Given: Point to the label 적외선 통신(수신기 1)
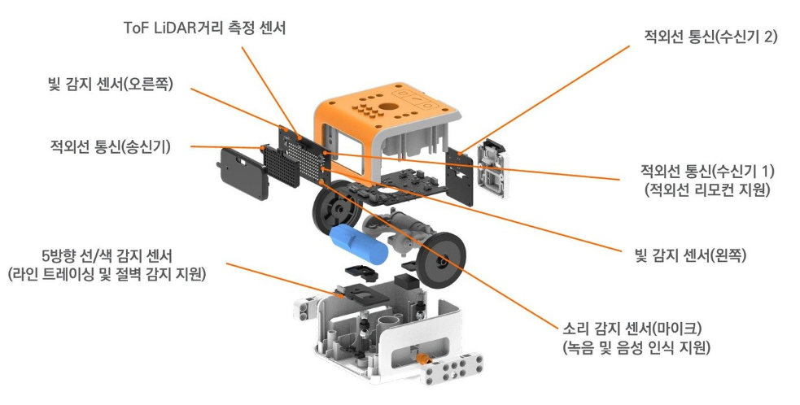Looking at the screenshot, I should point(707,171).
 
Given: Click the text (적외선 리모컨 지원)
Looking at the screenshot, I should point(707,191).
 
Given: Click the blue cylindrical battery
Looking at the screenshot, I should point(357,245).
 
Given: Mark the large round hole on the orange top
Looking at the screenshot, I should point(403,106).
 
